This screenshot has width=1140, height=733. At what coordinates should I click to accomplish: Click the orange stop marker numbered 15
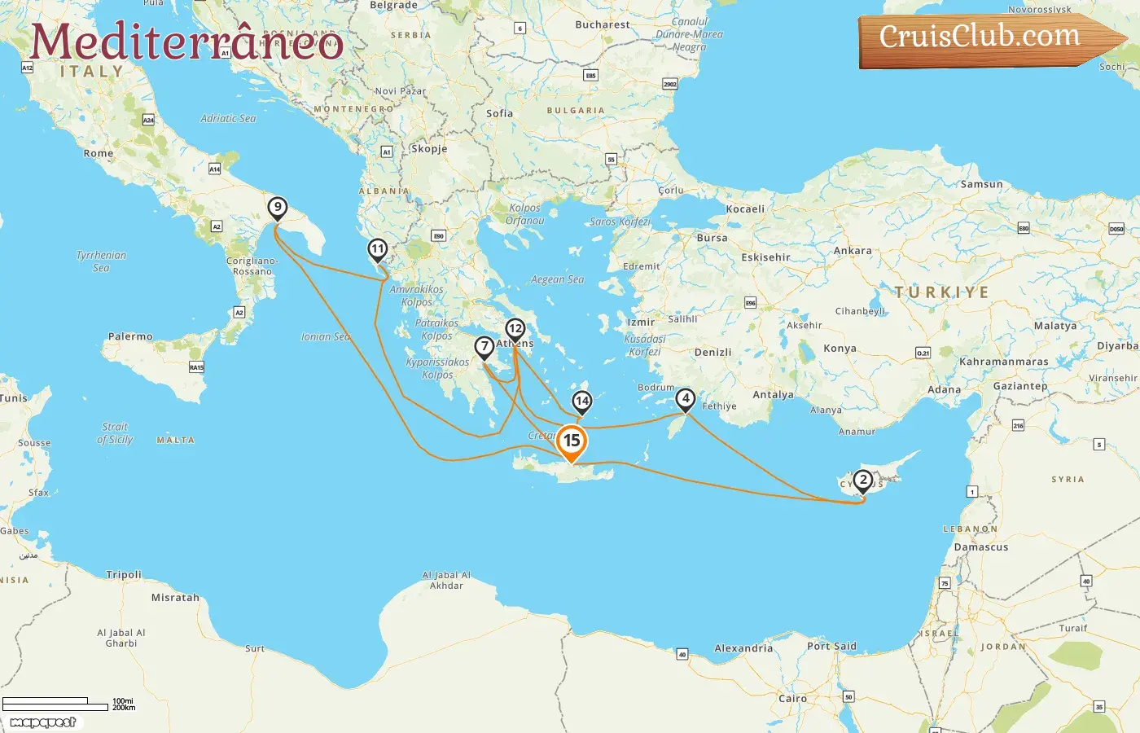click(x=572, y=441)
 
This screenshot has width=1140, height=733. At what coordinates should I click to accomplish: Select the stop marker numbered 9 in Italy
click(x=278, y=208)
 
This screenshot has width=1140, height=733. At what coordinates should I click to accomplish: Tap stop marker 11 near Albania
click(x=377, y=249)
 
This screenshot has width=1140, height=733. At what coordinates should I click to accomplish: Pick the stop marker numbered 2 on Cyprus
click(x=863, y=481)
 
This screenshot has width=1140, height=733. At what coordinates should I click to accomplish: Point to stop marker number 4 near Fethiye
click(x=686, y=399)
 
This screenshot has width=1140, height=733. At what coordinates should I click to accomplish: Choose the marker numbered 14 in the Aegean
click(x=581, y=402)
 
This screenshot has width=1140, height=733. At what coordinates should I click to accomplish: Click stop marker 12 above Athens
click(x=515, y=329)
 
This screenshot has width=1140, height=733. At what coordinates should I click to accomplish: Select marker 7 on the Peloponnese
click(x=484, y=347)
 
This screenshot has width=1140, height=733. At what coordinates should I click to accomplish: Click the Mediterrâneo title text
click(x=186, y=42)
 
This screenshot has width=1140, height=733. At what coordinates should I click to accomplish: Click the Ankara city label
click(x=853, y=251)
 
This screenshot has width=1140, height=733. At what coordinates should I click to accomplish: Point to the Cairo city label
click(x=792, y=699)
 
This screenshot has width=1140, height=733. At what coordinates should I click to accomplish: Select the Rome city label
click(x=99, y=153)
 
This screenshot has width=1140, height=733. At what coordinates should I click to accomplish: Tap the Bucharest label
click(x=602, y=25)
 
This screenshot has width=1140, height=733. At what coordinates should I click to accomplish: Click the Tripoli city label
click(x=124, y=575)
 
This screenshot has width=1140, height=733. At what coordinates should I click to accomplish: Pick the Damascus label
click(x=981, y=547)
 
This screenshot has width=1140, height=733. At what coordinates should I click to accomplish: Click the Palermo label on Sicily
click(x=130, y=336)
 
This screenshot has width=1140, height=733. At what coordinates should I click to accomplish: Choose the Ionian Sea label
click(x=325, y=336)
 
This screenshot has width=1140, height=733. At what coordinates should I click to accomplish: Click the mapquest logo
click(x=42, y=722)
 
